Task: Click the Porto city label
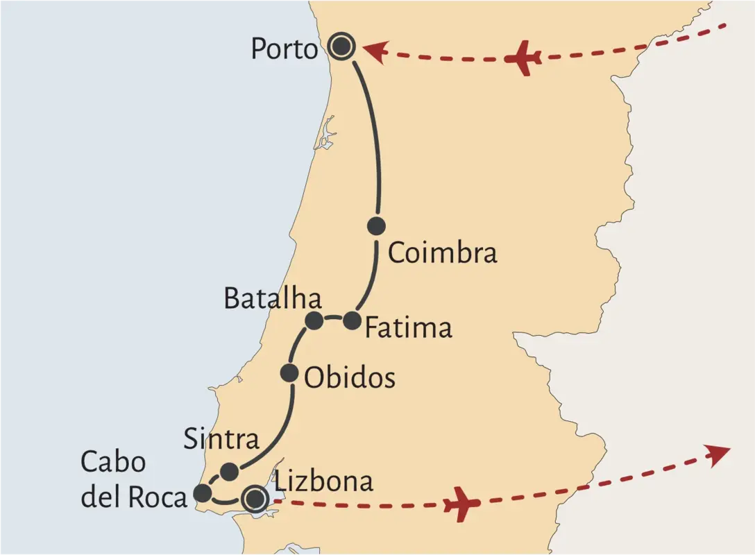pos(284,49)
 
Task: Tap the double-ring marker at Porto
pos(341,47)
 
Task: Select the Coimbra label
pos(442,253)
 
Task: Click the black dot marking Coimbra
pos(376,225)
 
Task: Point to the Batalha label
pos(272,298)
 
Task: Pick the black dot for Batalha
pos(314,320)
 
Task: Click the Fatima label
pos(408,327)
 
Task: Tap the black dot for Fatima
pos(353,321)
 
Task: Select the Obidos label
pos(350,378)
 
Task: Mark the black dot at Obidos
pos(289,373)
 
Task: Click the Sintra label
pos(221,439)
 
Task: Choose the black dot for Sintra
pos(229,472)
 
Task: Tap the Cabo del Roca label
pos(133,480)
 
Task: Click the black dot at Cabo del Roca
pos(202,493)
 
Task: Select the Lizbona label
pos(324,481)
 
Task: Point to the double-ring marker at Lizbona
pos(255,498)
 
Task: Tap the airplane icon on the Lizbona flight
pos(461,504)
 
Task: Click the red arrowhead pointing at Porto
pos(375,51)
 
